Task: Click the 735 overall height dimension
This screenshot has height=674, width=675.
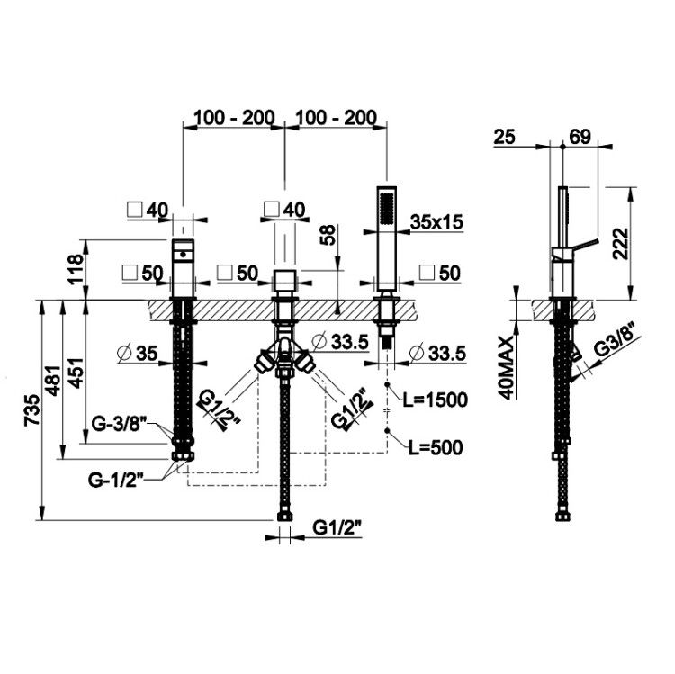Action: pyautogui.click(x=32, y=410)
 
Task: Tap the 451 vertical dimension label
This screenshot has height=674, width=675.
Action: pyautogui.click(x=76, y=373)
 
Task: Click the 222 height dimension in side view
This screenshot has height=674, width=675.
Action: pyautogui.click(x=620, y=243)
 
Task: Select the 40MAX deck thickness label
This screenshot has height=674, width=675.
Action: pyautogui.click(x=508, y=368)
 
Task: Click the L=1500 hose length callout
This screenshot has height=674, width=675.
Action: pyautogui.click(x=436, y=400)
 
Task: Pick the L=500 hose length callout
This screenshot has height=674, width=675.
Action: pyautogui.click(x=436, y=447)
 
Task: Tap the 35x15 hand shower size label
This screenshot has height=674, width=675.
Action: pyautogui.click(x=436, y=222)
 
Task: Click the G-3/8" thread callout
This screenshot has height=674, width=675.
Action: pyautogui.click(x=120, y=424)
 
